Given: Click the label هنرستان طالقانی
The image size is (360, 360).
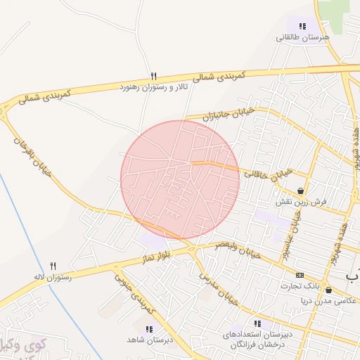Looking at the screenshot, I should tap(302, 38).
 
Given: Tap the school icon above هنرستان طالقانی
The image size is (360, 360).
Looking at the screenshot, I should tap(302, 26).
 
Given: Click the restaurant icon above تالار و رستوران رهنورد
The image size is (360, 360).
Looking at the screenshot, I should tap(153, 76).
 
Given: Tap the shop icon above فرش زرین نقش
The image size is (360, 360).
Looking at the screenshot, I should tap(301, 191).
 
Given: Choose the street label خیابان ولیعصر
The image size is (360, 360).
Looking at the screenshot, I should tap(238, 250).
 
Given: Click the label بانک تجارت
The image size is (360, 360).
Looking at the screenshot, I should tap(301, 286).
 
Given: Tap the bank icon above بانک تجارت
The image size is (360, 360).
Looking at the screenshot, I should tap(300, 275).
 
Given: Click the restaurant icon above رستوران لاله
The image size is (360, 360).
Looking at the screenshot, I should tap(53, 266).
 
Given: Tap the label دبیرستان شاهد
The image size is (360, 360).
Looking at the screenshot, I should tap(150, 340).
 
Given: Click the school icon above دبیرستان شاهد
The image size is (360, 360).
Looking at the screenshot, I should tap(148, 328).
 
